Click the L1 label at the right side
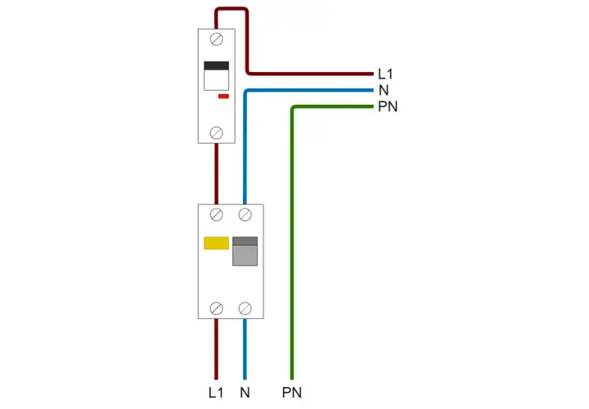pos(385,74)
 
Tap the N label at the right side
pos(384,91)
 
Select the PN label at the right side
pos(388,106)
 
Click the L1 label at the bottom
pos(216,393)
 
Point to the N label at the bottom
pos(245,393)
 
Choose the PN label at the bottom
pos(292,393)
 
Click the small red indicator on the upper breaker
pos(223,97)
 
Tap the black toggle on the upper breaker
pos(216,65)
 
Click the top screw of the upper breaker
pos(216,39)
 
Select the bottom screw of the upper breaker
pos(216,133)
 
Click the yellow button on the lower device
pos(216,243)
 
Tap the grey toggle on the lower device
pos(245,251)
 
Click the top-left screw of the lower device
pos(216,215)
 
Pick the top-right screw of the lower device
pos(245,215)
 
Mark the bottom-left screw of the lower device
pos(216,308)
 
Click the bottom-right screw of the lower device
pos(245,308)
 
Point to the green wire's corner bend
pos(293,108)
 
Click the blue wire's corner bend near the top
pos(246,92)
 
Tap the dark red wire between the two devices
pos(216,174)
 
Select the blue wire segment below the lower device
pos(245,349)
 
